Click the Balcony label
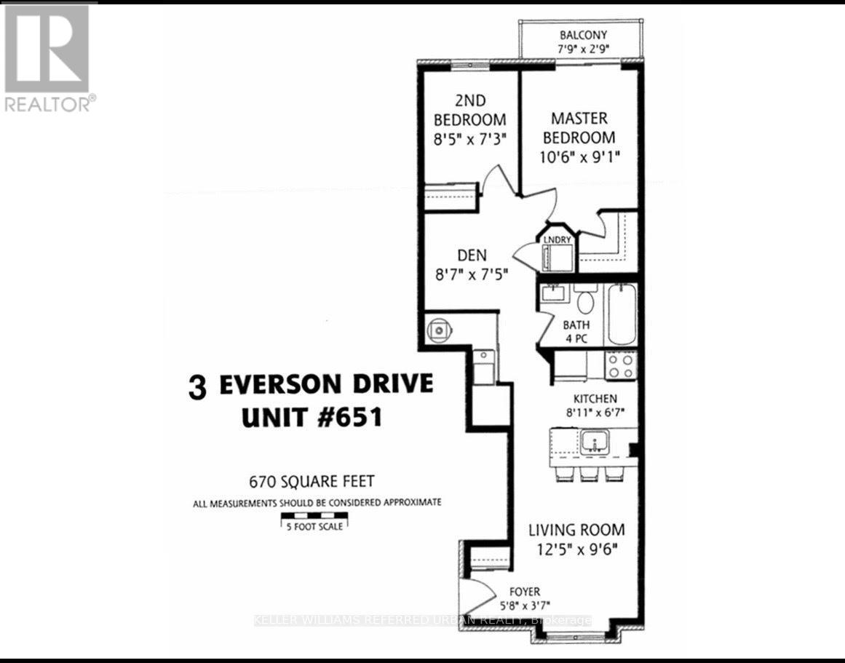point(583,35)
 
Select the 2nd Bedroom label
point(469,110)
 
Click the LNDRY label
point(558,239)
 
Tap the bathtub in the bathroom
point(622,315)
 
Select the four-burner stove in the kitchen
point(622,365)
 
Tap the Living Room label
point(576,530)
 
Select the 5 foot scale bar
point(314,519)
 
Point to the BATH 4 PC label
point(576,332)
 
